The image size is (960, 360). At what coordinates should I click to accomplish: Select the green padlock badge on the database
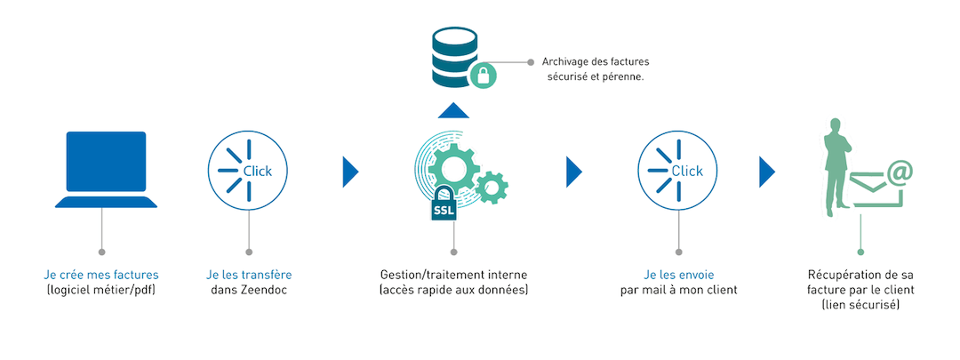click(x=483, y=75)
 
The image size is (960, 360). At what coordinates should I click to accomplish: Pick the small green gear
click(x=492, y=187)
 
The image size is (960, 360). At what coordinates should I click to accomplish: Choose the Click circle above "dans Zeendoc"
click(x=248, y=171)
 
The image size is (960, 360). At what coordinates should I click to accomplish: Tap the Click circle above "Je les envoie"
click(x=679, y=171)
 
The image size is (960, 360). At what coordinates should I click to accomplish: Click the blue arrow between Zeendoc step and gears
click(x=350, y=171)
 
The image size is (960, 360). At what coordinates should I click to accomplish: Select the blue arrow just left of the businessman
click(x=767, y=171)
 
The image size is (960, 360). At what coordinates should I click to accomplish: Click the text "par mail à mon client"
click(x=679, y=291)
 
